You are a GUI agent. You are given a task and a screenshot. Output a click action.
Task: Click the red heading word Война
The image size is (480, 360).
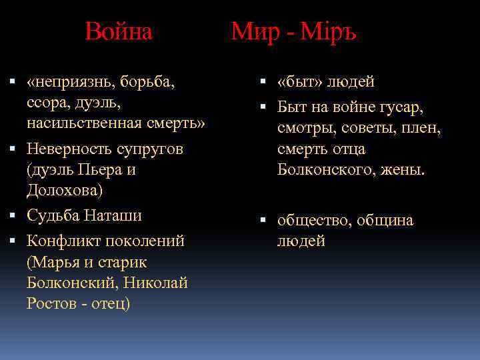[119, 31]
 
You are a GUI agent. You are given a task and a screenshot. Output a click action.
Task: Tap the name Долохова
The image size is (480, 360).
[65, 191]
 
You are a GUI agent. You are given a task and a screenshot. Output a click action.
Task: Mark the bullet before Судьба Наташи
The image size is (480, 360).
[13, 215]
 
